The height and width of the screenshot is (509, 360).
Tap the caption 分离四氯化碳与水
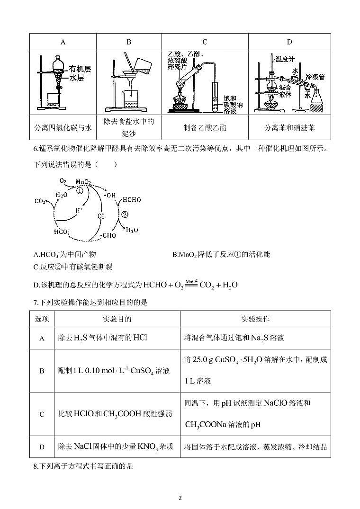click(63, 128)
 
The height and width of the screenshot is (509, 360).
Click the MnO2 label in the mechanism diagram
click(83, 181)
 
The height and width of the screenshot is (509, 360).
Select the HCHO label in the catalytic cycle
click(132, 200)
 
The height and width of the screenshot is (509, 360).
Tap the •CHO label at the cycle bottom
click(109, 235)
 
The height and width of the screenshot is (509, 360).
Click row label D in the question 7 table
click(42, 446)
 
